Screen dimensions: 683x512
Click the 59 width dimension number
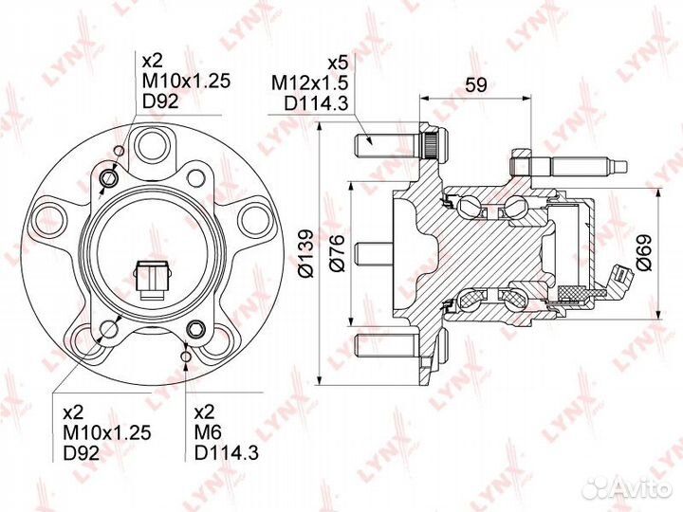pos(475,84)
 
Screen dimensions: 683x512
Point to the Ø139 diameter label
pos(305,252)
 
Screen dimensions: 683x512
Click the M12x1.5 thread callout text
pos(309,82)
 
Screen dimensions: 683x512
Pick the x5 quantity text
pos(338,64)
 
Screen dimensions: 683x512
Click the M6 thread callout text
pos(208,432)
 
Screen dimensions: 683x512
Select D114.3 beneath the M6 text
pos(227,453)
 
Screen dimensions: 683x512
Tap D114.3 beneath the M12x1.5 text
pos(316,103)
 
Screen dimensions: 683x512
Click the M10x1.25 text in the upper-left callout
pos(186,82)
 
